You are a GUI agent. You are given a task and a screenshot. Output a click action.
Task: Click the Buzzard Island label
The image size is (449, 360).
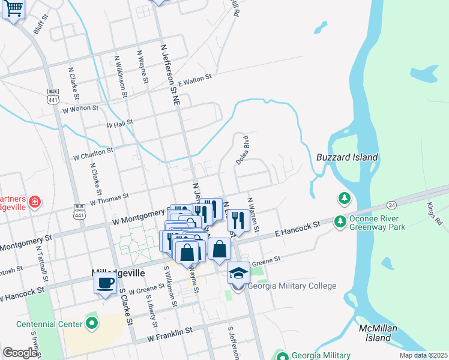347,158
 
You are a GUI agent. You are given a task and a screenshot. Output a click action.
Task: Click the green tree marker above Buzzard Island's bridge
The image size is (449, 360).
344,197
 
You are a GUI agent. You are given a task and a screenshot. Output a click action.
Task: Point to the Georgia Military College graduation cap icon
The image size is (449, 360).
238,273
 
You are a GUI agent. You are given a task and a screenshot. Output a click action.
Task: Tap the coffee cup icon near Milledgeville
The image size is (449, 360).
106,283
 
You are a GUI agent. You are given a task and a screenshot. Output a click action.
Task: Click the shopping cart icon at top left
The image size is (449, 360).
13,9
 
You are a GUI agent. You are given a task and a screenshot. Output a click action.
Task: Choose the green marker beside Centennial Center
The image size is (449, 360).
91,324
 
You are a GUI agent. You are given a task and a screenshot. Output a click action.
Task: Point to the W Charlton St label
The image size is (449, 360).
93,154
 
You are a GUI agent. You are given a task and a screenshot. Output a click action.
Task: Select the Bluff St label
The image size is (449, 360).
41,26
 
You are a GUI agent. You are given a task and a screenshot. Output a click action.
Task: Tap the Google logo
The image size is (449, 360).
20,353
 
